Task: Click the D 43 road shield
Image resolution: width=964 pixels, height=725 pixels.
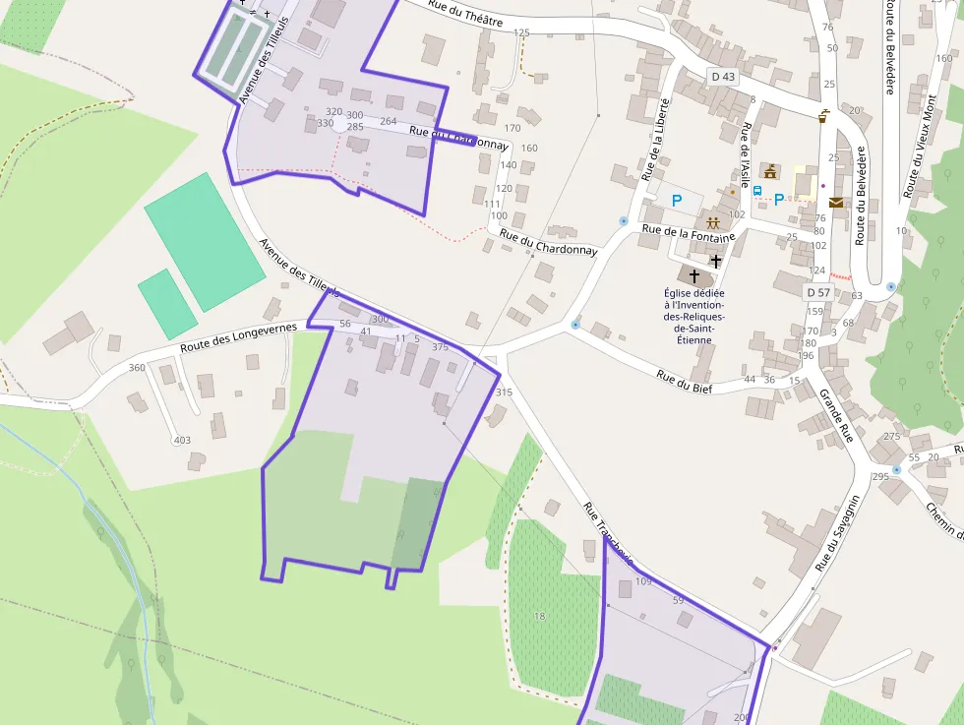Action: click(722, 77)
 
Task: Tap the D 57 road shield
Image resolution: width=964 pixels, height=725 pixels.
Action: click(818, 292)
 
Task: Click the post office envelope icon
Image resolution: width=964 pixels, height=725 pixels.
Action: click(835, 203)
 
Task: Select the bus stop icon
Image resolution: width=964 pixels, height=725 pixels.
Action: click(756, 191)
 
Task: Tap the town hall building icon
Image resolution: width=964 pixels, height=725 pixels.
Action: click(770, 172)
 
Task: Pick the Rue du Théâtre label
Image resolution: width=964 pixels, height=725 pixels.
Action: click(465, 15)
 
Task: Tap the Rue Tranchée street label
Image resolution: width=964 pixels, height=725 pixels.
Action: click(607, 535)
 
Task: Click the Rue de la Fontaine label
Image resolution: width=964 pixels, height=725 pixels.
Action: click(689, 233)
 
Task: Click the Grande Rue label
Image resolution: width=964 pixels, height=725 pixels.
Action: click(835, 414)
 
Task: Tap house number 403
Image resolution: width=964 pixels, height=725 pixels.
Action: click(182, 440)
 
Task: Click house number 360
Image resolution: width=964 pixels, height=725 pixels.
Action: click(137, 368)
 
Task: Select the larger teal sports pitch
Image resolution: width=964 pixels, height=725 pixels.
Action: click(204, 242)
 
